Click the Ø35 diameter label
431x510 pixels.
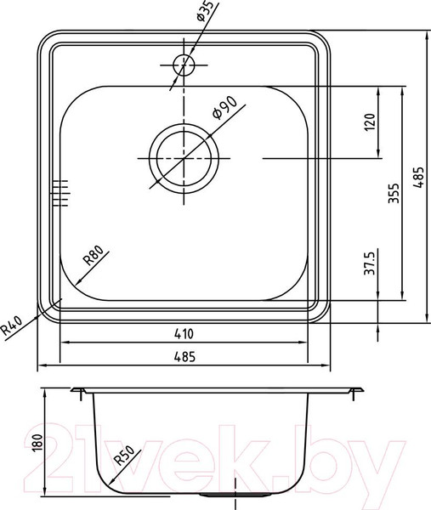pos(207,11)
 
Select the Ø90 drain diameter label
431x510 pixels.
pos(224,108)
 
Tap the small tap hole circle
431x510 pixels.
pos(184,65)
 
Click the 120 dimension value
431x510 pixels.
pos(370,122)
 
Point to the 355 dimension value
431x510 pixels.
pos(394,193)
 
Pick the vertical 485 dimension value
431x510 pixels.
pos(418,178)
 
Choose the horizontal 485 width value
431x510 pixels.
pos(184,357)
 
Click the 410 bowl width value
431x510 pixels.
pos(184,333)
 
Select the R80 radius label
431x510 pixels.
pos(93,255)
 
